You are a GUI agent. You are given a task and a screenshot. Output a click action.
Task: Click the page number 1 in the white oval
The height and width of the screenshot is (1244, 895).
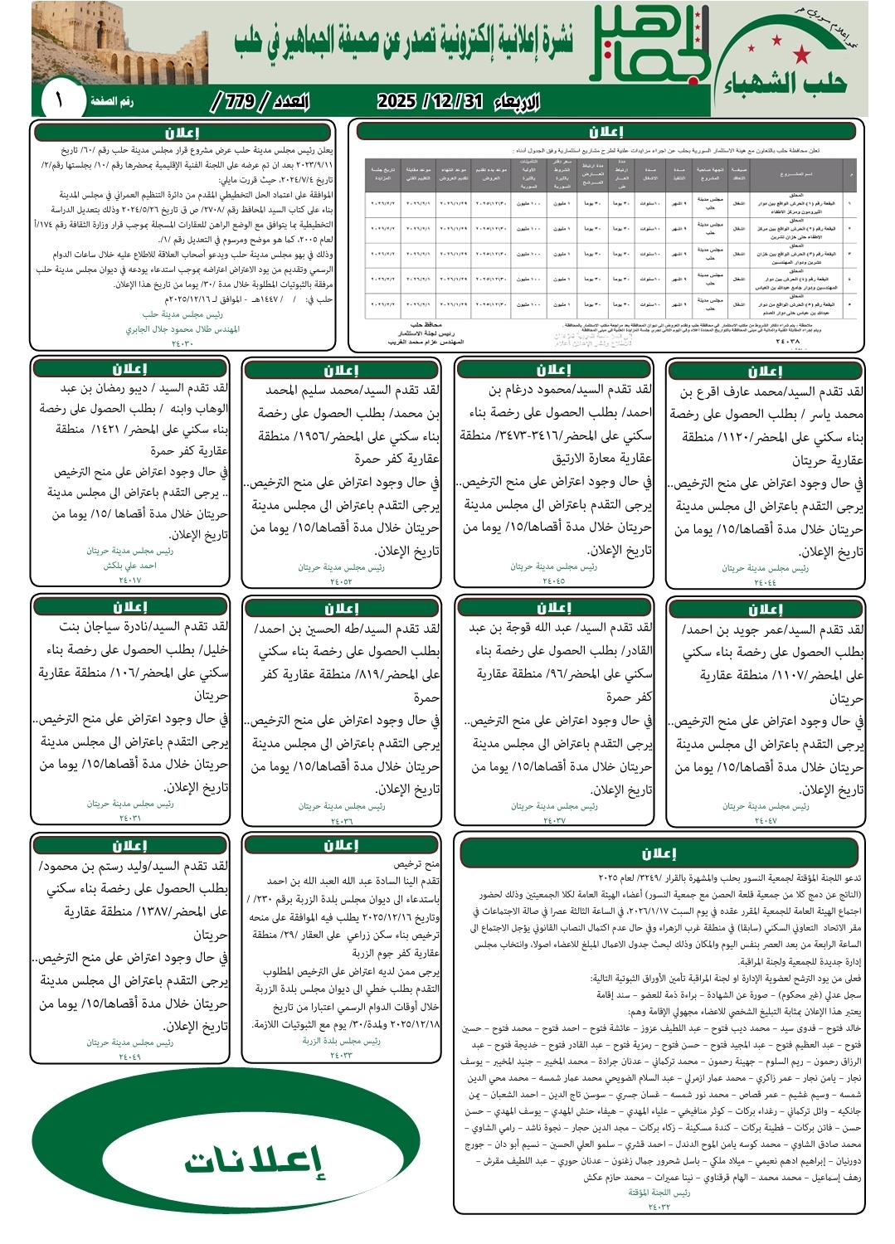tap(60, 101)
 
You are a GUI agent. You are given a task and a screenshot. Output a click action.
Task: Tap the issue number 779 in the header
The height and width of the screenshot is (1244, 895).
tap(240, 101)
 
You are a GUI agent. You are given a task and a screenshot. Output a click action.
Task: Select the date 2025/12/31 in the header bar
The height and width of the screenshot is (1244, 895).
tap(430, 101)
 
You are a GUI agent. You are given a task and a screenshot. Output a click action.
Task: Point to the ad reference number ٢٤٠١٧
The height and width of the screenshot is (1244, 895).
tap(129, 581)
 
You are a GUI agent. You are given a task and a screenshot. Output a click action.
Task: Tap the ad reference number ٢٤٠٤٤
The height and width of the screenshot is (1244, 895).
tap(765, 583)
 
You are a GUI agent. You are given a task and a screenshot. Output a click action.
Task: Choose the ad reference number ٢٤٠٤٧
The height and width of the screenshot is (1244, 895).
tap(765, 821)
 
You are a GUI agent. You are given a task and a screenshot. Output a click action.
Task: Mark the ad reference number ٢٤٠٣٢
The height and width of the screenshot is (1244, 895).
tap(659, 1207)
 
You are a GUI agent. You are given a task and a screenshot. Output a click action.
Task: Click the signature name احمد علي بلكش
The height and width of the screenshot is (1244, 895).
tap(129, 566)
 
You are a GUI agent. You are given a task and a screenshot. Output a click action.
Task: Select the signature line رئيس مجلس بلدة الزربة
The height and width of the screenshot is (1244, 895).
tap(341, 1041)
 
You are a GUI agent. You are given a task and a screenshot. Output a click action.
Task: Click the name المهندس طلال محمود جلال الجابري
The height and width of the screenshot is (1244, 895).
tap(182, 329)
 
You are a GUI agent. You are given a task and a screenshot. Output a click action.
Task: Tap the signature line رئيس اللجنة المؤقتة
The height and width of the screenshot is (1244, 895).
tap(659, 1193)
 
